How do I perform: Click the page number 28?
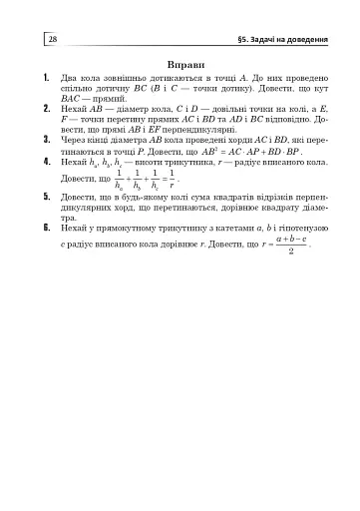click(52, 39)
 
